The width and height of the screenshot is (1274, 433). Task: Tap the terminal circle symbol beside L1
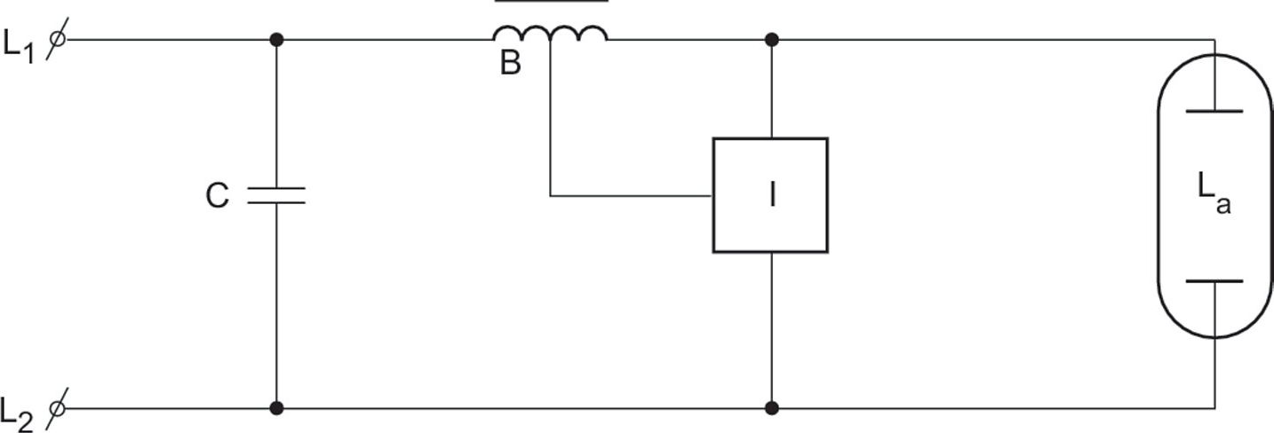(x=58, y=39)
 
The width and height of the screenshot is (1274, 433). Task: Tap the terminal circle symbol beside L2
(x=57, y=408)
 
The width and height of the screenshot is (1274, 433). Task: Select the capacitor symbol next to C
(x=276, y=195)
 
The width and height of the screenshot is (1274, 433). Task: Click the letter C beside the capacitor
(x=218, y=195)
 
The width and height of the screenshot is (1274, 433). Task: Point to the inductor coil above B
(x=550, y=34)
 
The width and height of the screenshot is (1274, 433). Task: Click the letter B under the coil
(x=510, y=62)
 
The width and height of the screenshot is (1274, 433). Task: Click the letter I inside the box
(x=772, y=195)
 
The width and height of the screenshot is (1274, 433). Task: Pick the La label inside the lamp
(x=1214, y=195)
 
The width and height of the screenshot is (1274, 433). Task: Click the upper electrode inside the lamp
(x=1214, y=112)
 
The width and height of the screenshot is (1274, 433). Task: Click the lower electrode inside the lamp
(x=1214, y=280)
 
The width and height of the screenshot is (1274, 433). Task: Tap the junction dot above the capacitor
(x=276, y=40)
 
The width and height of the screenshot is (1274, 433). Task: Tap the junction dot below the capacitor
(x=276, y=408)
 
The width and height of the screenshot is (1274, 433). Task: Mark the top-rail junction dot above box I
(x=772, y=40)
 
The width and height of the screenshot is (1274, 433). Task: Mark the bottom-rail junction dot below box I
(x=772, y=408)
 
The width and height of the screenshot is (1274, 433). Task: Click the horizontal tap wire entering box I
(x=632, y=196)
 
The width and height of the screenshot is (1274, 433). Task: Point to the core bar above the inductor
(x=552, y=1)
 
